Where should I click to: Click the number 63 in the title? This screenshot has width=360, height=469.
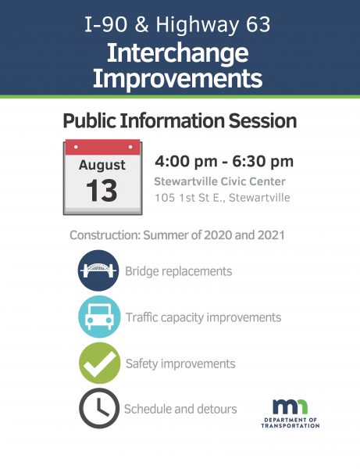point(258,24)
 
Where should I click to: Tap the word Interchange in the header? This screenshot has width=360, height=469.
point(178,53)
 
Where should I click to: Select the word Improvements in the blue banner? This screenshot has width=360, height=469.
point(178,78)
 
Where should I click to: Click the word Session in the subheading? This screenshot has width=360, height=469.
point(262,121)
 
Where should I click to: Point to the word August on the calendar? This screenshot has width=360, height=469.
point(102,166)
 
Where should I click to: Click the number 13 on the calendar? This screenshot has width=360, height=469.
point(102,191)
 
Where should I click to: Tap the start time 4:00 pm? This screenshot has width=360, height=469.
point(186,162)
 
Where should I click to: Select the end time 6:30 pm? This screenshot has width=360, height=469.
point(263,162)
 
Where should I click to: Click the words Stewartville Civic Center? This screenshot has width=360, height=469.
point(220,181)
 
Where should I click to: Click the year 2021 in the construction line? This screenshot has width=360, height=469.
point(271,235)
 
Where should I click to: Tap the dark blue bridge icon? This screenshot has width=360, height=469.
point(98,270)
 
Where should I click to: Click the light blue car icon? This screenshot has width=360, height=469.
point(99,317)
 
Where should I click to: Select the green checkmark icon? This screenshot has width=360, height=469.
point(99,363)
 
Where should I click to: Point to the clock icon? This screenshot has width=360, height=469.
point(99,408)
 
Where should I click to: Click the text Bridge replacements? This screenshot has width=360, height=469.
point(178,271)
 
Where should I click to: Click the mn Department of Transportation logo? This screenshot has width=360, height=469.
point(290,414)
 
